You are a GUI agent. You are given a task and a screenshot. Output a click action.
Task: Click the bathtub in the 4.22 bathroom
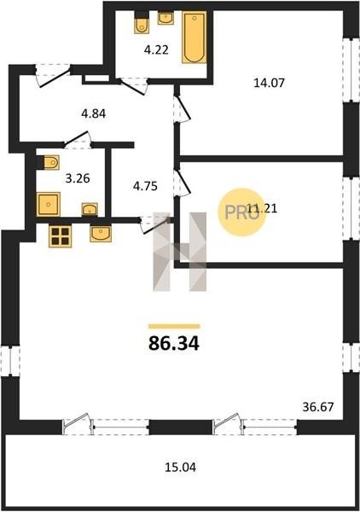[195, 38]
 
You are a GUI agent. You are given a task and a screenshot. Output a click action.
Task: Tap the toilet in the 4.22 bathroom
[142, 23]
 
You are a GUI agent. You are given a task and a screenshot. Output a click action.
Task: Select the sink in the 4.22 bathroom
[165, 18]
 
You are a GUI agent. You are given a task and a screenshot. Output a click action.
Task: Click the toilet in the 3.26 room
[48, 162]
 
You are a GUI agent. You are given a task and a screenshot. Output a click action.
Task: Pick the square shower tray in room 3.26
[49, 205]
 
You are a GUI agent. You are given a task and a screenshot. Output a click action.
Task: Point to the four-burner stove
[60, 236]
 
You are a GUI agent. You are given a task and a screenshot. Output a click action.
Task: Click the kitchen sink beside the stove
[101, 234]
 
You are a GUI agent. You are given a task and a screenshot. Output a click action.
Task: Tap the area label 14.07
[270, 83]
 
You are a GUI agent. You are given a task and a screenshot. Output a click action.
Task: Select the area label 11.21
[262, 207]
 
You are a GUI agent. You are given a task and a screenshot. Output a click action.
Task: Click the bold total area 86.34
[174, 343]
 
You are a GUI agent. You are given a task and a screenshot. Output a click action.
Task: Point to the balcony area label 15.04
[180, 468]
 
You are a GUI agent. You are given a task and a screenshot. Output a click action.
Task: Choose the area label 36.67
[318, 407]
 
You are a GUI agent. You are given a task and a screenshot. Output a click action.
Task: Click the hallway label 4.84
[94, 114]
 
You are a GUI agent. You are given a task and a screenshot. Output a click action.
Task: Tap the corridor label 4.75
[145, 186]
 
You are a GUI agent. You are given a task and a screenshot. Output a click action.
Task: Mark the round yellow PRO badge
[242, 212]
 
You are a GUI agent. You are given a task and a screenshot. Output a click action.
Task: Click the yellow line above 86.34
[174, 326]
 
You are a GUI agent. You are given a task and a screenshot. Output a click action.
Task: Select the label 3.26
[78, 178]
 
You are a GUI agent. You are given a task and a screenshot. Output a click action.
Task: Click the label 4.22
[156, 50]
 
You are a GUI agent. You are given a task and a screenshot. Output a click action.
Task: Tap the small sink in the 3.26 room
[90, 209]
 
